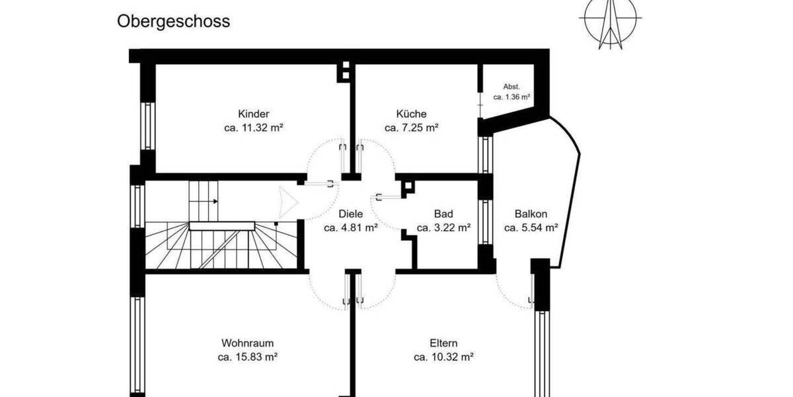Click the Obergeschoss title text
click(174, 21)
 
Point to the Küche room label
click(412, 114)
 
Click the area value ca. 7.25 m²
click(412, 128)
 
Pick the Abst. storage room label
click(511, 87)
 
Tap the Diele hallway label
click(350, 214)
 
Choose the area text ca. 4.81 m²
click(350, 228)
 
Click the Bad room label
click(443, 214)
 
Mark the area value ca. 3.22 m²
click(443, 228)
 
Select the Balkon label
click(531, 214)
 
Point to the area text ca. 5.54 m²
click(531, 228)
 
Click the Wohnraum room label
click(247, 343)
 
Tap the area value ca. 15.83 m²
click(247, 357)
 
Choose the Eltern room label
click(443, 343)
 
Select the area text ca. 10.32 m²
click(443, 357)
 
